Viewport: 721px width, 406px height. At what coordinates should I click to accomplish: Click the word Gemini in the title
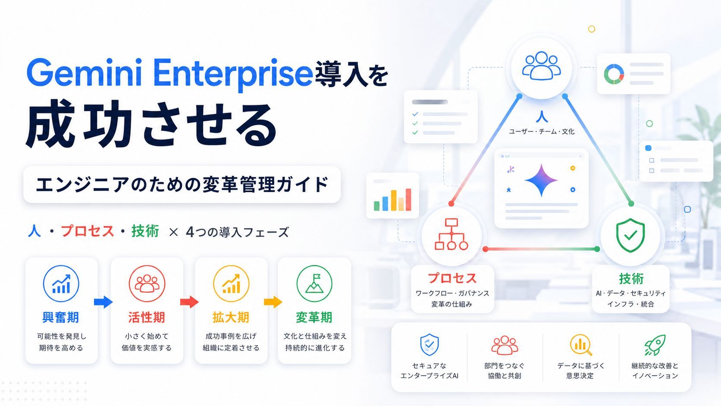pos(84,73)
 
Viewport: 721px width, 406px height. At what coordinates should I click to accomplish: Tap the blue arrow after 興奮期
pos(103,302)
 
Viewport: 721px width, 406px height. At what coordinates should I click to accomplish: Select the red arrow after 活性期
pos(189,302)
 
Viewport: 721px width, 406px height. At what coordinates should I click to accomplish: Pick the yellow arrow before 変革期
pos(273,302)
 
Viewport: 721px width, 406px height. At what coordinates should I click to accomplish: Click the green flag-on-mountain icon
pos(314,283)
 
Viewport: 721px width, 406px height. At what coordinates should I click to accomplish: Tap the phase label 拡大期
pos(231,318)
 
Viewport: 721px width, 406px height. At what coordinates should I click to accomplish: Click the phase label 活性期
pos(147,318)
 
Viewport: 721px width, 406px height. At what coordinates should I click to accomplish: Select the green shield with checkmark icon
pos(630,236)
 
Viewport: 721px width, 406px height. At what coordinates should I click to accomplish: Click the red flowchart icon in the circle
pos(451,234)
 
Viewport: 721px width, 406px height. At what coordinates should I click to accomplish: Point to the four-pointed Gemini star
pos(541,180)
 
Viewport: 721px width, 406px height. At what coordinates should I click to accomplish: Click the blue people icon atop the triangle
pos(541,65)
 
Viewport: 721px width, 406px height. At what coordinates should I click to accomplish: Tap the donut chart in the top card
pos(614,74)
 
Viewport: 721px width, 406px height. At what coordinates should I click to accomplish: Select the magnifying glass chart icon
pos(581,345)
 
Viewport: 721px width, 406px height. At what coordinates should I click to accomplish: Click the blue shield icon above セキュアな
pos(429,345)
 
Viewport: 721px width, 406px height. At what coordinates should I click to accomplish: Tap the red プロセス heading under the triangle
pos(452,278)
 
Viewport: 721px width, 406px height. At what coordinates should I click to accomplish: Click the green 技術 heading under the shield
pos(631,278)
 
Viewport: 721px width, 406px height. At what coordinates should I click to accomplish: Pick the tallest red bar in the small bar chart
pos(408,200)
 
